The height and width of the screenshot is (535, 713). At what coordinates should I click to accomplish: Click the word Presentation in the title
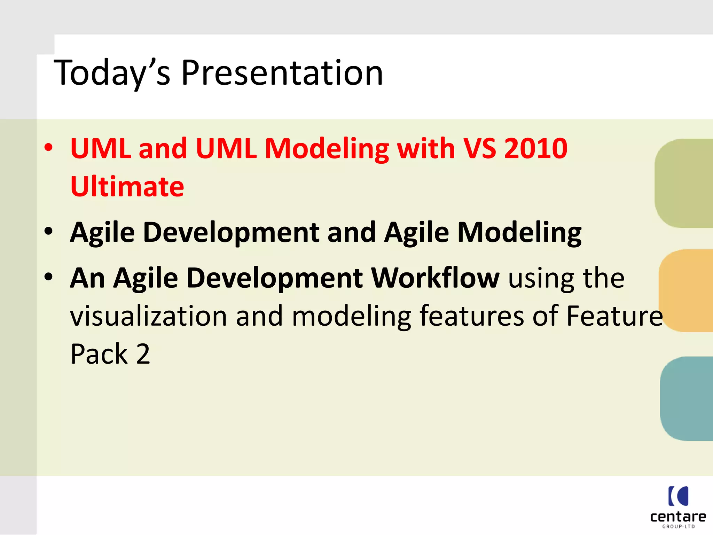tap(282, 73)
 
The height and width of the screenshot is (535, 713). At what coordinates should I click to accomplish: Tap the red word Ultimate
tap(127, 187)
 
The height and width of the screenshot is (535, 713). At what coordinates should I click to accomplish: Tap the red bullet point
tap(49, 148)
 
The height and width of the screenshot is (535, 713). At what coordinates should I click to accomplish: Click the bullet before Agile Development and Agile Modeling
tap(49, 231)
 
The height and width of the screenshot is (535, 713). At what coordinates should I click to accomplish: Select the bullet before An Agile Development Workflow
tap(49, 277)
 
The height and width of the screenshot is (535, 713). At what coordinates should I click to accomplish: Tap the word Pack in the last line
tap(99, 354)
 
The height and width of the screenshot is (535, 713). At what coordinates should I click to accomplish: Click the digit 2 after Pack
tap(143, 354)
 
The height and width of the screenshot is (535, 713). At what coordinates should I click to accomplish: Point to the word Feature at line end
tap(614, 316)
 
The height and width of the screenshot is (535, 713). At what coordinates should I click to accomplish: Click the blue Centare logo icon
tap(678, 496)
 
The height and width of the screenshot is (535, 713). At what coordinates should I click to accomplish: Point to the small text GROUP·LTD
tap(678, 527)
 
